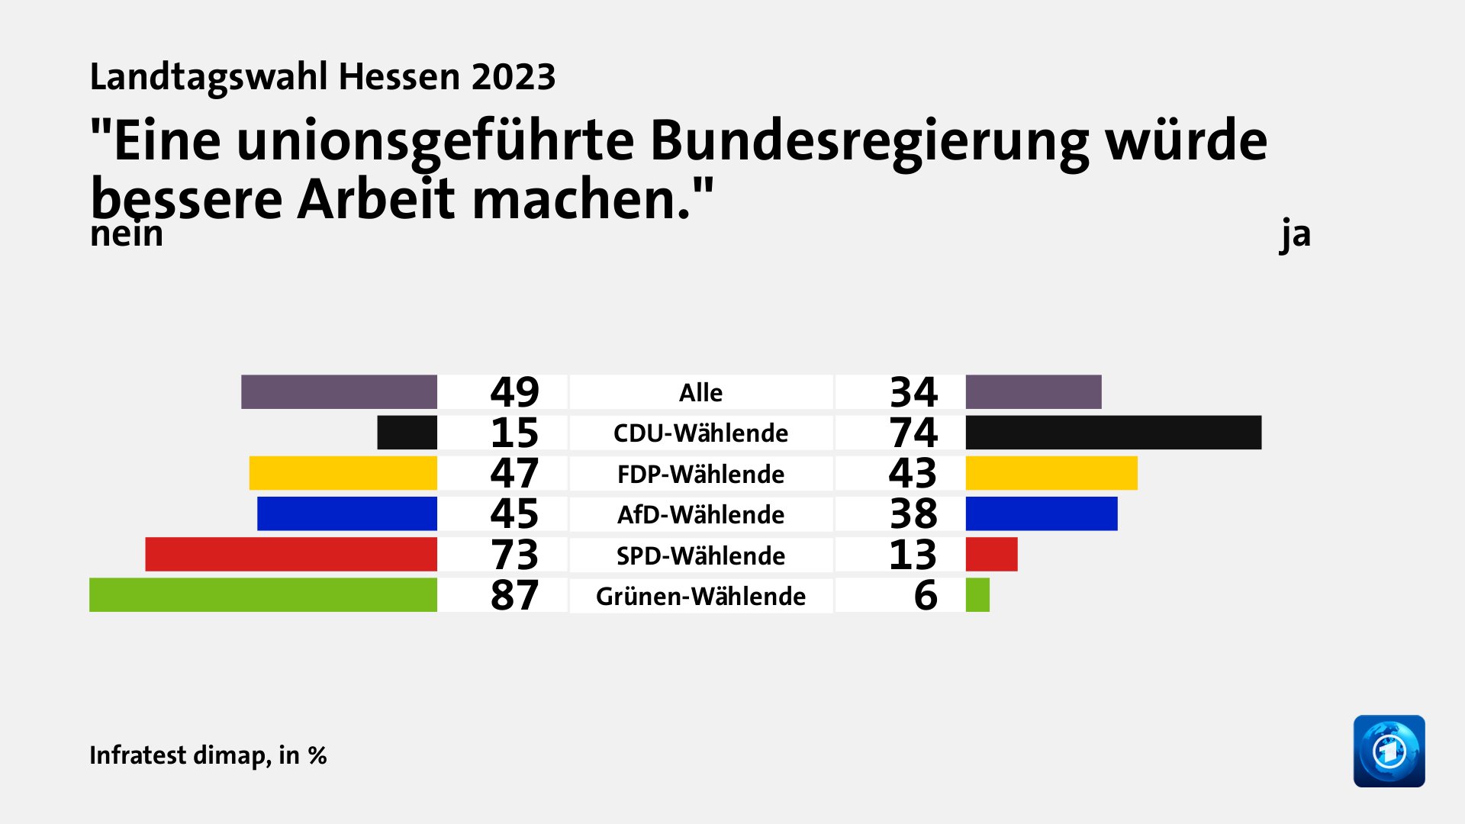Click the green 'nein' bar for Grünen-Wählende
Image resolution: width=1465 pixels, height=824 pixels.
point(263,595)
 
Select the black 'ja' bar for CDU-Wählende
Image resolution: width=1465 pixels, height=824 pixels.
point(1113,433)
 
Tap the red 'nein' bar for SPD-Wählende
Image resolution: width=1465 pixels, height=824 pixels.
point(291,555)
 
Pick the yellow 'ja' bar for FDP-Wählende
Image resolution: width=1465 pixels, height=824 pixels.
point(1051,473)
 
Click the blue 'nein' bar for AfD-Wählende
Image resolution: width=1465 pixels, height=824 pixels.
point(347,513)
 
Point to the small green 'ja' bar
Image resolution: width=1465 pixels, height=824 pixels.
point(977,595)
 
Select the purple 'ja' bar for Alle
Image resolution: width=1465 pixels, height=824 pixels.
point(1033,392)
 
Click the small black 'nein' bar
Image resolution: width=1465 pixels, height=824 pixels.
point(407,433)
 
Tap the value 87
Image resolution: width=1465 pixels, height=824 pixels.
point(514,595)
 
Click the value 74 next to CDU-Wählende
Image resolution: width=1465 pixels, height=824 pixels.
point(913,433)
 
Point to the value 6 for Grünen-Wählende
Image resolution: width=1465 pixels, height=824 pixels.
point(925,595)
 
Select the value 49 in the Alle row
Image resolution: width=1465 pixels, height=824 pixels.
point(514,392)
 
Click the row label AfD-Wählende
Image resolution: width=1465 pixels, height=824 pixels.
point(700,514)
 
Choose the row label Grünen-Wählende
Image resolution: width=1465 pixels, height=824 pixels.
point(700,596)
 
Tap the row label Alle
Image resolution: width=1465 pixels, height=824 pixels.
point(700,392)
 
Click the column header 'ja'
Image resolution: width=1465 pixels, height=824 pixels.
point(1295,234)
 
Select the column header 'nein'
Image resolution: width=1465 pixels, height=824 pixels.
point(127,234)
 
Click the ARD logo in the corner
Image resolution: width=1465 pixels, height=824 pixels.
point(1389,751)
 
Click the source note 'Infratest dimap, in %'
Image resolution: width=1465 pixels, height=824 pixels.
point(208,755)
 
